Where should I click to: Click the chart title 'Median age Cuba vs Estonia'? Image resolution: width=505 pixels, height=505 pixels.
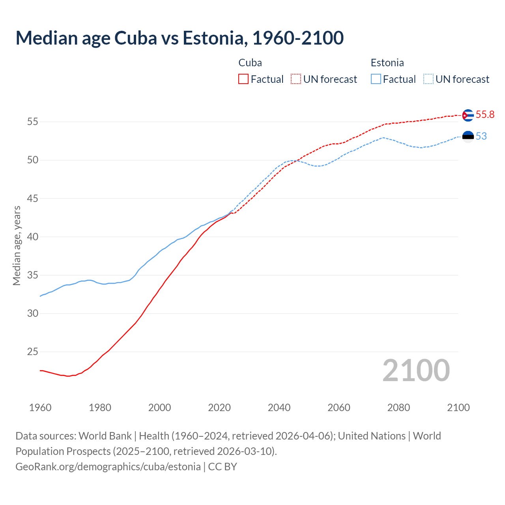[x=180, y=38]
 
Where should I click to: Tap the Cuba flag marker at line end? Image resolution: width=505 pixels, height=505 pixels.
[x=468, y=115]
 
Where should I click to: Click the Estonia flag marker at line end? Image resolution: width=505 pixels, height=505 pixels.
[x=468, y=137]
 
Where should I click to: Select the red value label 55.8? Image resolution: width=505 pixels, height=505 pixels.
[x=485, y=115]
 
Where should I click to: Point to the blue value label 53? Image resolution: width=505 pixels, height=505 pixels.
[x=481, y=137]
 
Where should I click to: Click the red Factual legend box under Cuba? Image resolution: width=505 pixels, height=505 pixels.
[x=243, y=79]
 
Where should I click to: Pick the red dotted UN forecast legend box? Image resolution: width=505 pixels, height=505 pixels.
[x=296, y=79]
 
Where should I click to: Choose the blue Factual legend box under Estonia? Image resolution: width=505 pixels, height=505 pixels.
[x=376, y=79]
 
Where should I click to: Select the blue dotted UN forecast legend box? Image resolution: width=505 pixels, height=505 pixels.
[x=428, y=79]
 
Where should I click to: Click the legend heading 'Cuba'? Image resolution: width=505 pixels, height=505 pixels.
[x=250, y=63]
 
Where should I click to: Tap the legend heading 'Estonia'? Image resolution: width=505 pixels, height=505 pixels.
[x=387, y=63]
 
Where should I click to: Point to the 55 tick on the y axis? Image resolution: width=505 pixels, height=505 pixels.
[x=32, y=122]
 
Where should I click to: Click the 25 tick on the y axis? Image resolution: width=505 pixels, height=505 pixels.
[x=32, y=352]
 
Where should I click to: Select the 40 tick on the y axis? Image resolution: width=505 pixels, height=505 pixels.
[x=32, y=237]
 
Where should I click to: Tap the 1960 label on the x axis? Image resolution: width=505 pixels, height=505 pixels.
[x=40, y=408]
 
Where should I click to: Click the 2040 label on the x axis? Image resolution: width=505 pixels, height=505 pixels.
[x=279, y=408]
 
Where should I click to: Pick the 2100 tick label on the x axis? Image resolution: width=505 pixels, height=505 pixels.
[x=458, y=408]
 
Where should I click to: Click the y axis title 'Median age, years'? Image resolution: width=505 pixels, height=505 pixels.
[x=17, y=245]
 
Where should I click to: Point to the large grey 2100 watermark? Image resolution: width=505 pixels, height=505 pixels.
[x=416, y=370]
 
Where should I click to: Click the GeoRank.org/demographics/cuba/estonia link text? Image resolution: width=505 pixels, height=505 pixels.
[x=108, y=467]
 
